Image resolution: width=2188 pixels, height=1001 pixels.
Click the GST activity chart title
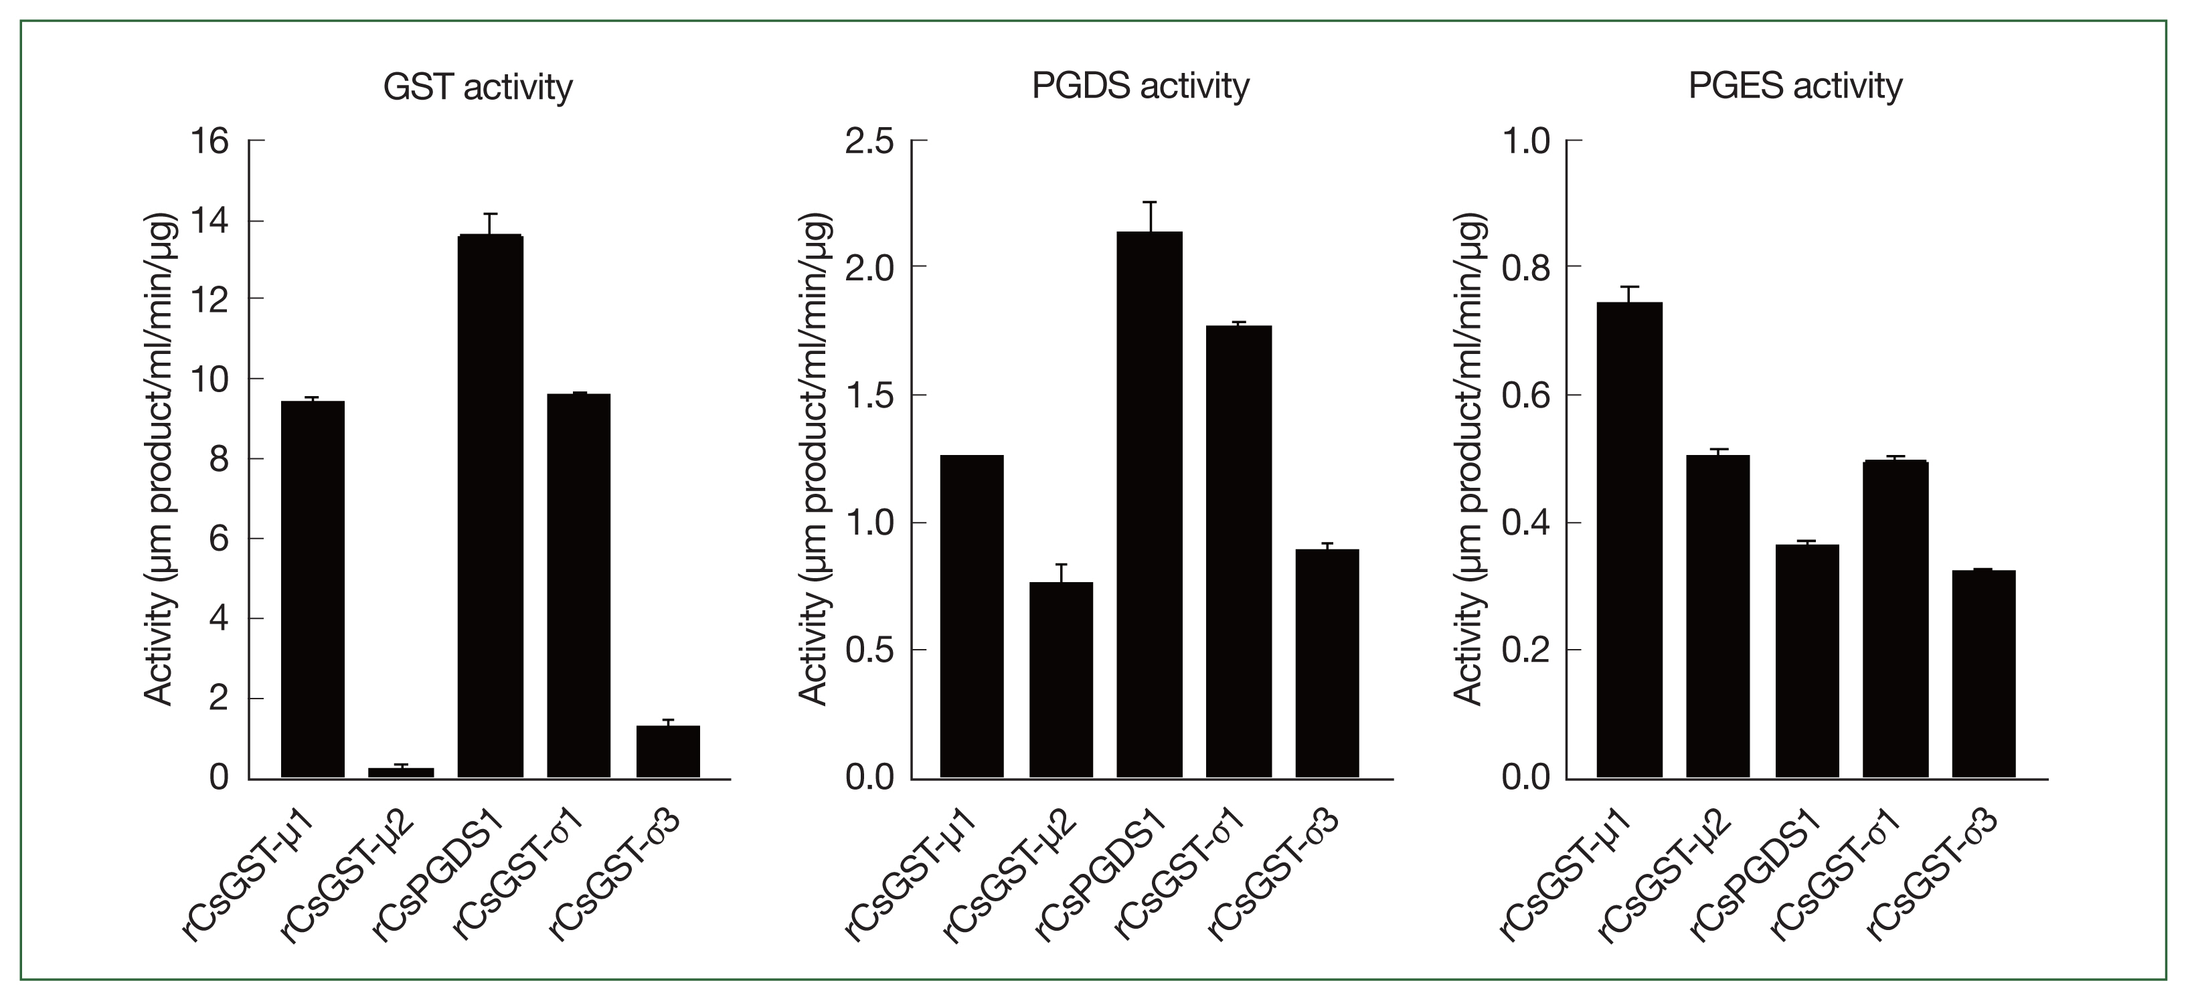coord(477,88)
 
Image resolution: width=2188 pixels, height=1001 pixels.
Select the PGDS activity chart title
coord(1140,86)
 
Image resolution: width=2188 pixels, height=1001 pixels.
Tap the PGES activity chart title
coord(1794,86)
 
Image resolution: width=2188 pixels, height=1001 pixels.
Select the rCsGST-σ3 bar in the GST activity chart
coord(667,751)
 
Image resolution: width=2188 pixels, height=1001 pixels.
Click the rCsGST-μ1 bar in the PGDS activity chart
coord(972,616)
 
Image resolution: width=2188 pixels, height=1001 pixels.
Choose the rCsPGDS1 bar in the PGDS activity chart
coord(1149,505)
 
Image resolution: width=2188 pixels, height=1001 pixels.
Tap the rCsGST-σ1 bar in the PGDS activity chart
coord(1238,552)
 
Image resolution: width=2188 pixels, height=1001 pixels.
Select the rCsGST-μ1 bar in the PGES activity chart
coord(1629,540)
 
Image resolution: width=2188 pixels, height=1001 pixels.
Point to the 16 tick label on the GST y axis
coord(209,141)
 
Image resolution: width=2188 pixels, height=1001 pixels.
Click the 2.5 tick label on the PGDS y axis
coord(869,141)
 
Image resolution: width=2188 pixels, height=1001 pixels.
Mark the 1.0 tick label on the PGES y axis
coord(1526,141)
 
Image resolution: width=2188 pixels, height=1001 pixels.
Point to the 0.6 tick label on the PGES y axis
coord(1526,395)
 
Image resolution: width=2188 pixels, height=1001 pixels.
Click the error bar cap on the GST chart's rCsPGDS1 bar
coord(490,214)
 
